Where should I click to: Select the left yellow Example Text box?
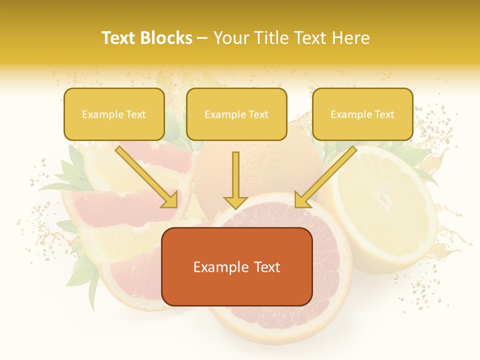coord(114,114)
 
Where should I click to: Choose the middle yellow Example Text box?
coord(236,114)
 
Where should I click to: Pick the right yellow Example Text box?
coord(362,114)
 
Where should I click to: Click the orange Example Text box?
coord(236,266)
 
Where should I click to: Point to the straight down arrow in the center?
coord(235,175)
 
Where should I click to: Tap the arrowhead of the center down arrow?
coord(235,202)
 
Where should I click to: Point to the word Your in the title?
coord(229,38)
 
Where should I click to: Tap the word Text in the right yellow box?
coord(384,114)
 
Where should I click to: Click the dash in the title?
coord(202,38)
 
